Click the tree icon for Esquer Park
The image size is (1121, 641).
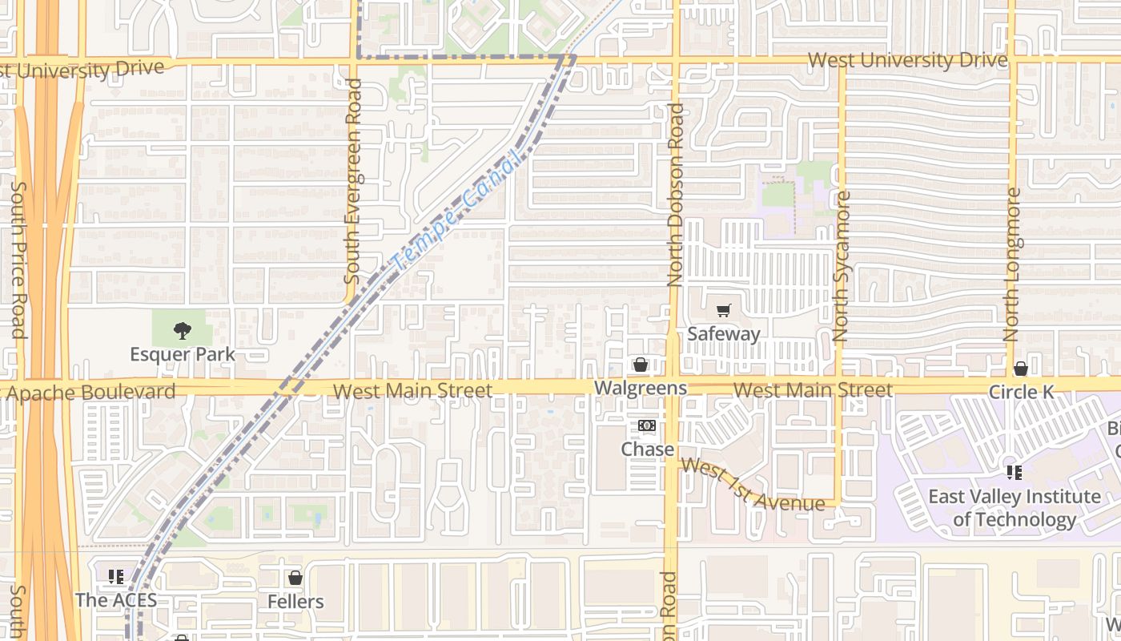click(x=183, y=329)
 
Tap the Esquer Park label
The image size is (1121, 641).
click(x=183, y=354)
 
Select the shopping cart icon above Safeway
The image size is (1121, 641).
click(x=724, y=311)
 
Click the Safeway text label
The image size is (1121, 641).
click(x=724, y=333)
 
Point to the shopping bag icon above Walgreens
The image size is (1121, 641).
click(x=641, y=365)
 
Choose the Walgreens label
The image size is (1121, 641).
click(x=641, y=389)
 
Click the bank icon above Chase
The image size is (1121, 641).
click(x=647, y=426)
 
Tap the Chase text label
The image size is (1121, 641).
click(x=647, y=450)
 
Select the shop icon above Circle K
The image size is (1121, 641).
click(x=1020, y=369)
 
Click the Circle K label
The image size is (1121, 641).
click(x=1021, y=392)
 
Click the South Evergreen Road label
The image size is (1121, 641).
click(x=352, y=181)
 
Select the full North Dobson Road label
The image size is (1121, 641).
click(x=675, y=195)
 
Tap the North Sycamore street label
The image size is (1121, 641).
click(x=841, y=266)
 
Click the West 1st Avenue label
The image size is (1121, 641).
click(x=753, y=484)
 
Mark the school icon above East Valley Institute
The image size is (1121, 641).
click(x=1015, y=473)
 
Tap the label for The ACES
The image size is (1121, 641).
click(x=116, y=599)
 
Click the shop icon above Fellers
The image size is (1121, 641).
click(x=295, y=578)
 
